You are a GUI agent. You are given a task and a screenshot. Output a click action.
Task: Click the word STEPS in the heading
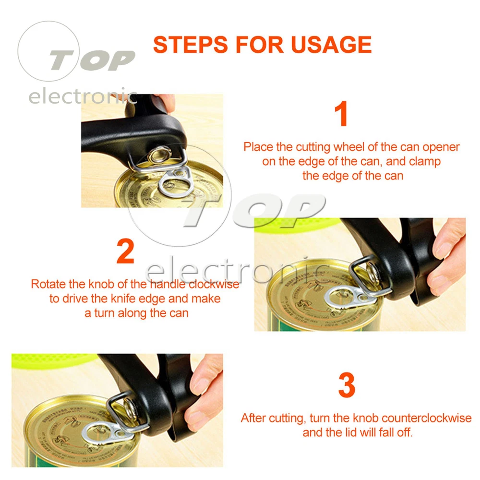pyautogui.click(x=191, y=45)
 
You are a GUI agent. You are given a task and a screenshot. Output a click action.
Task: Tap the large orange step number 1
pyautogui.click(x=341, y=114)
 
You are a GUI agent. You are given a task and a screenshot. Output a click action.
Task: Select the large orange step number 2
pyautogui.click(x=125, y=251)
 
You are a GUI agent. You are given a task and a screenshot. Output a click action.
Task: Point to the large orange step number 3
pyautogui.click(x=347, y=385)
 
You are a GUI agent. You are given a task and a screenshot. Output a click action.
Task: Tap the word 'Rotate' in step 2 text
pyautogui.click(x=48, y=284)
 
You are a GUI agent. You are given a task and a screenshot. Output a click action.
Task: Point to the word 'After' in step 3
pyautogui.click(x=253, y=418)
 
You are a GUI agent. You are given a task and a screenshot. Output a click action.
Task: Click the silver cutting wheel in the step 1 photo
pyautogui.click(x=160, y=155)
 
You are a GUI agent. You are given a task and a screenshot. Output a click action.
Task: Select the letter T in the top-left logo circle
pyautogui.click(x=61, y=60)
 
